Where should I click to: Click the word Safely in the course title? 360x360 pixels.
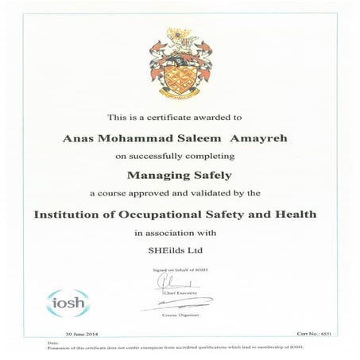[x=210, y=176]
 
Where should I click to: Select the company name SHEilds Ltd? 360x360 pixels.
[x=180, y=252]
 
